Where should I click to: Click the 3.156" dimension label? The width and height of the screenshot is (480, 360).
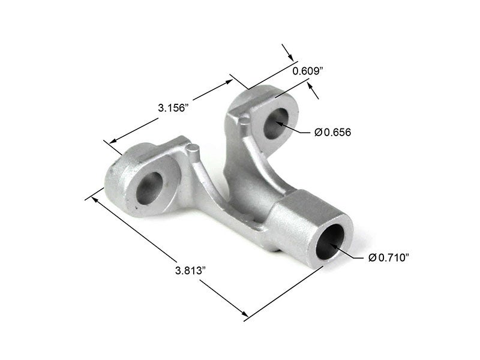tap(174, 108)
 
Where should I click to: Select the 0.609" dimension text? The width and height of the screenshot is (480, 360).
tap(308, 71)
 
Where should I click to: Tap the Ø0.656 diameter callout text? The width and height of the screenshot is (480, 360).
tap(332, 132)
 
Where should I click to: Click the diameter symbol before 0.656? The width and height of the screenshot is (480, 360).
tap(318, 132)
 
